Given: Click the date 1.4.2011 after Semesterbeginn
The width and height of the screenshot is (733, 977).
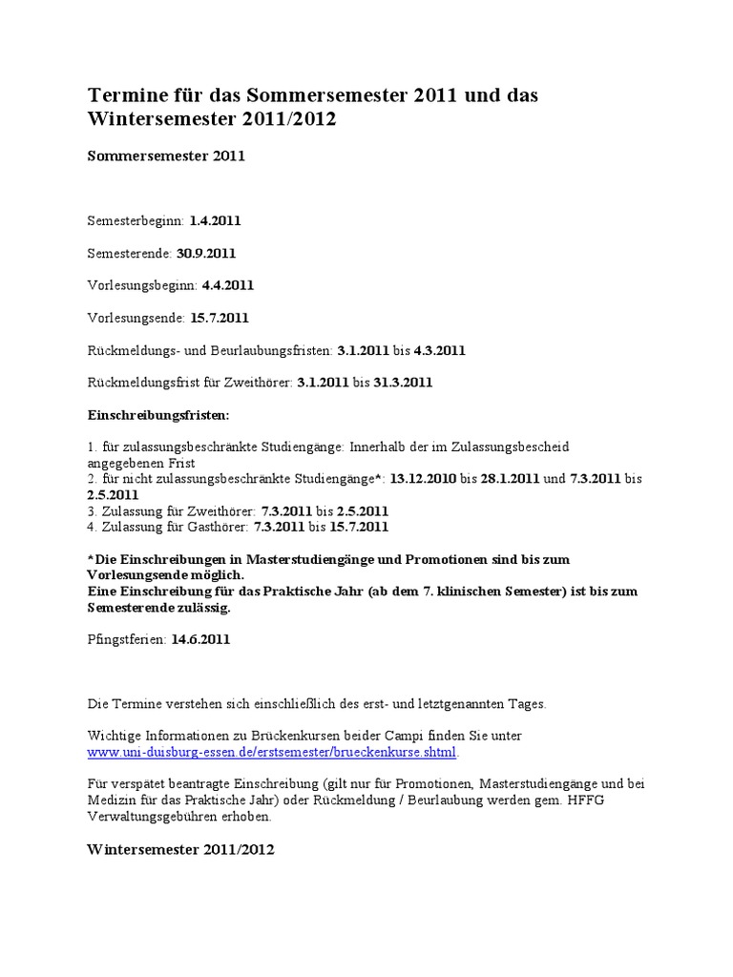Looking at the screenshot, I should coord(215,220).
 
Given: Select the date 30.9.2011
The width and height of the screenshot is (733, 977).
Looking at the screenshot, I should coord(205,253).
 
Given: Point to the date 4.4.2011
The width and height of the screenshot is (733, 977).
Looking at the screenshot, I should coord(228,285).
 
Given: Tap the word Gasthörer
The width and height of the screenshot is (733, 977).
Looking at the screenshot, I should coord(216,526).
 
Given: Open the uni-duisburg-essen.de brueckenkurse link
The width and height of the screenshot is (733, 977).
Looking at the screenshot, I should coord(273,752).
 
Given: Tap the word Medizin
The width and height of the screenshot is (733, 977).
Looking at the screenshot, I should coord(112,800).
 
